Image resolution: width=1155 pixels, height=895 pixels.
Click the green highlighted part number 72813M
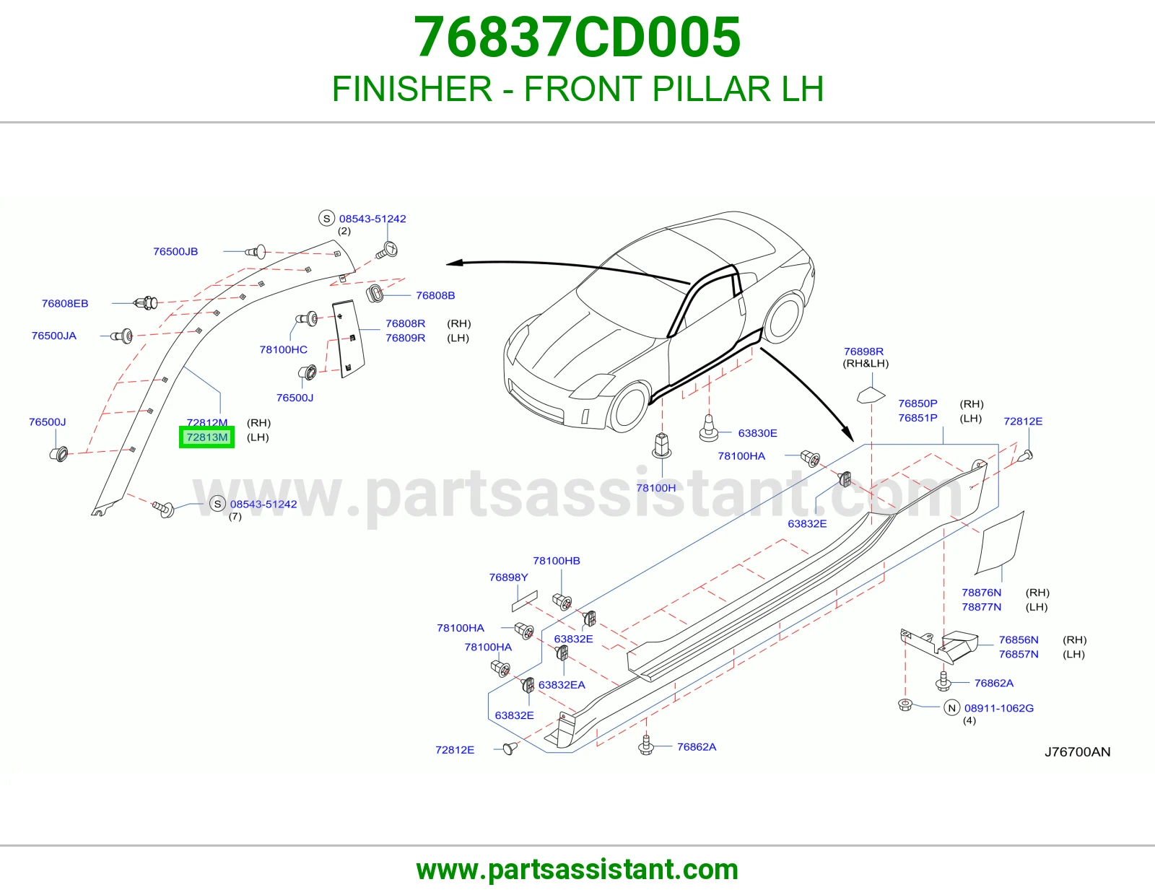point(206,437)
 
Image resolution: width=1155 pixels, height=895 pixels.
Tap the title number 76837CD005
point(577,37)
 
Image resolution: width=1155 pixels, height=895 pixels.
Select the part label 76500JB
point(175,251)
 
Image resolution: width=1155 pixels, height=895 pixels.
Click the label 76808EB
point(65,303)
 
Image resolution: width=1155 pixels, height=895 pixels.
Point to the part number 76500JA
point(53,336)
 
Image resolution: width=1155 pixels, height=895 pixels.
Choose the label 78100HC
point(283,350)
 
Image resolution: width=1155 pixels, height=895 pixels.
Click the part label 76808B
point(435,295)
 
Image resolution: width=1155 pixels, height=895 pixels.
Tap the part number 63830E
point(757,433)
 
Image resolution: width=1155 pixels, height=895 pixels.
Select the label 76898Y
point(509,577)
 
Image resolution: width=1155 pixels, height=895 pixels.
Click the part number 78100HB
point(557,561)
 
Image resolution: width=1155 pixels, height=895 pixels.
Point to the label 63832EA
point(562,685)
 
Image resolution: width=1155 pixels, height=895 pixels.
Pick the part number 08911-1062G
point(999,709)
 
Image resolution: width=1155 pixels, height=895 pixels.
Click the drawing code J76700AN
point(1077,752)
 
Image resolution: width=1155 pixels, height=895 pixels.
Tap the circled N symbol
point(952,709)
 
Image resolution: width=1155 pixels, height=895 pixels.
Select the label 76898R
point(864,352)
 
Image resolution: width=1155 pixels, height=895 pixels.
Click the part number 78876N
point(981,593)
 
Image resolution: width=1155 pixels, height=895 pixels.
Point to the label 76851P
point(918,419)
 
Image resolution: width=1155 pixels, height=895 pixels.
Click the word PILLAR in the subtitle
point(711,89)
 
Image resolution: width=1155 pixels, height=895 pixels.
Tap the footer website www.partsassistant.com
point(577,870)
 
